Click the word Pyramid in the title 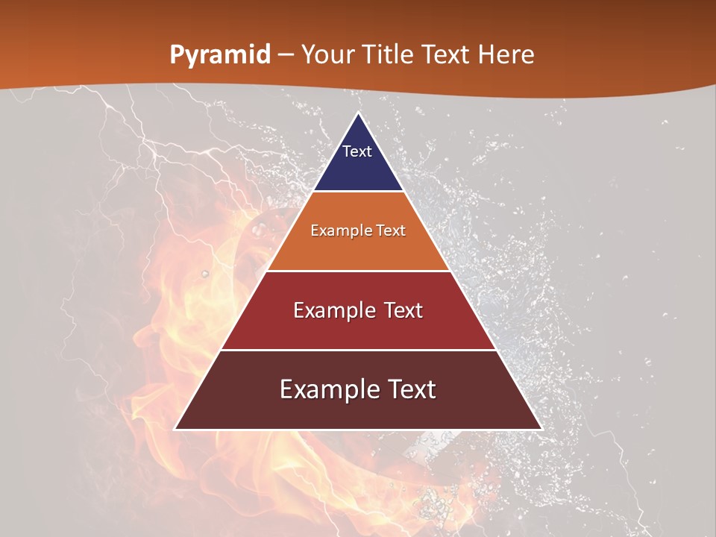pos(220,54)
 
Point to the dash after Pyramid pos(286,54)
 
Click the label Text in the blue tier pos(357,151)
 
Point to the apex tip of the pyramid pos(358,114)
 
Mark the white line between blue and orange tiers pos(358,192)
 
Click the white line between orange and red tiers pos(358,271)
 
